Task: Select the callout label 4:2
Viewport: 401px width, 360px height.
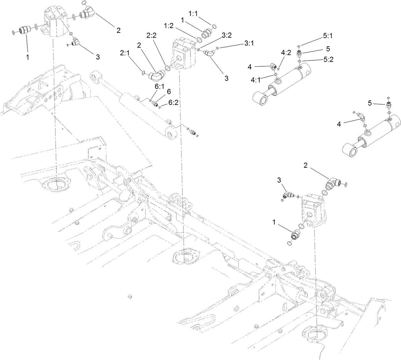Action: [x=286, y=53]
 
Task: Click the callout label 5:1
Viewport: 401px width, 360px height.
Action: [x=327, y=36]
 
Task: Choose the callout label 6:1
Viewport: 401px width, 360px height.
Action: [x=150, y=86]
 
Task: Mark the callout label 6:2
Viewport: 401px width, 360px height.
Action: [x=173, y=103]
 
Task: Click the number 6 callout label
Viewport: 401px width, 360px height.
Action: [x=169, y=92]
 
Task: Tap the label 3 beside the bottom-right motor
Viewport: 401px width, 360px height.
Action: [x=280, y=180]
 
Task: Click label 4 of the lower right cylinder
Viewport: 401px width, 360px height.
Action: [x=339, y=124]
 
